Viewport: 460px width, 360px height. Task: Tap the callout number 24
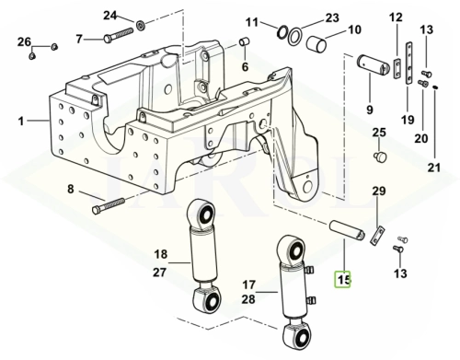[110, 16]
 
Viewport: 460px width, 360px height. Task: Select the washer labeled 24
[141, 25]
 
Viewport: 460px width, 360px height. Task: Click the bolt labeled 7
[118, 35]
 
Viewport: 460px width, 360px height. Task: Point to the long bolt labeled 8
[109, 205]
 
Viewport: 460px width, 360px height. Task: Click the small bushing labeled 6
[244, 41]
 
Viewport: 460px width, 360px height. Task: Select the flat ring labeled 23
[295, 35]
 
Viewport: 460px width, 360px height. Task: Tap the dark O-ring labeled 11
[282, 31]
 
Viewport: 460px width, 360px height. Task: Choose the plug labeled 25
[381, 156]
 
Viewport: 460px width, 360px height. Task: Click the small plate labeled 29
[377, 235]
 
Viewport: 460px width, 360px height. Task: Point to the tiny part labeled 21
[435, 87]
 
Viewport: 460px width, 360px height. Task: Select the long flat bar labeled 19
[409, 63]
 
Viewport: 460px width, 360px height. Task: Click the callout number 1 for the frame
[21, 122]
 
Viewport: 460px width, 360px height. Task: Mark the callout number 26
[24, 41]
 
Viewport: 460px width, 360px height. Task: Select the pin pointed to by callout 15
[347, 230]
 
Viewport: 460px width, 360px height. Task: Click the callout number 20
[421, 138]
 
